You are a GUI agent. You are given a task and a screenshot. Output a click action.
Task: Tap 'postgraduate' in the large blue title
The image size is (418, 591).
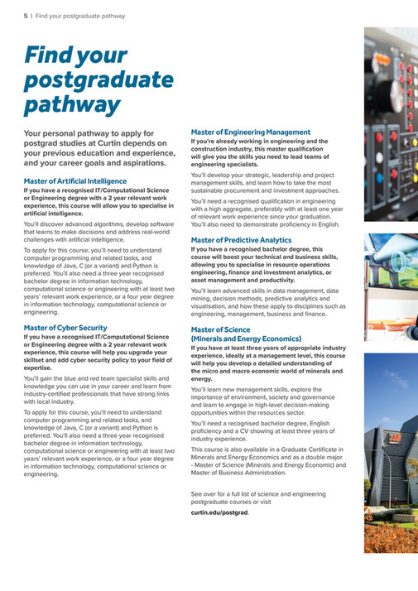point(98,81)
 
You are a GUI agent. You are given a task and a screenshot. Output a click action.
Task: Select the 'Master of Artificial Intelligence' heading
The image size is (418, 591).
point(75,180)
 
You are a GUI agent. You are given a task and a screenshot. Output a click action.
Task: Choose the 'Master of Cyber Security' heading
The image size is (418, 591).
point(65,328)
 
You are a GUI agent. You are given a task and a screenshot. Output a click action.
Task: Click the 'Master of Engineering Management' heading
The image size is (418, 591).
point(251,132)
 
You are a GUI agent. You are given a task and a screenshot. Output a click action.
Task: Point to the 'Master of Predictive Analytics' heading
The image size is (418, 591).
point(241,240)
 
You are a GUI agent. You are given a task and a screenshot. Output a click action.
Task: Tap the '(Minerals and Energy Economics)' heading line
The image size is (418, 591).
point(246,339)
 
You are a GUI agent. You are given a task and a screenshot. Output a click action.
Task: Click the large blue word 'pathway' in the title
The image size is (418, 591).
point(72,106)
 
